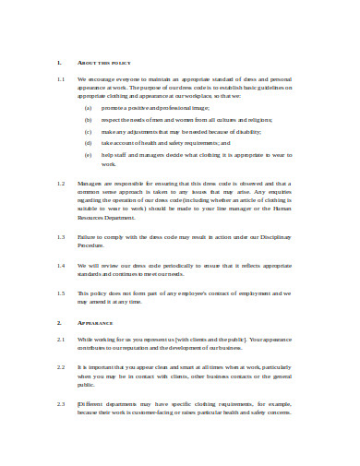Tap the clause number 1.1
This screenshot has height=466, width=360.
click(x=61, y=79)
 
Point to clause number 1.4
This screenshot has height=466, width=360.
click(x=61, y=265)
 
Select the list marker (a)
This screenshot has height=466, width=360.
click(x=88, y=107)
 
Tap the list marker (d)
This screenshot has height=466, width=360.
click(x=88, y=143)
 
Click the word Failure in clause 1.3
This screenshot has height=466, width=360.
click(x=90, y=237)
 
